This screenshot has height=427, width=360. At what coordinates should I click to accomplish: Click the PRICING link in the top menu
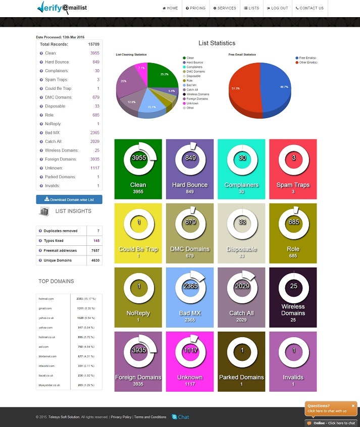(x=196, y=8)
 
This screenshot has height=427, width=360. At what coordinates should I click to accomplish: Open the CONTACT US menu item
(x=310, y=8)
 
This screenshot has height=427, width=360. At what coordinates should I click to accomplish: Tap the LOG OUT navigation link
(x=277, y=8)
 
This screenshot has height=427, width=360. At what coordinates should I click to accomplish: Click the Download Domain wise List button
(x=69, y=199)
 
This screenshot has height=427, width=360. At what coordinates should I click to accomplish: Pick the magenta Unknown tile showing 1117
(x=190, y=361)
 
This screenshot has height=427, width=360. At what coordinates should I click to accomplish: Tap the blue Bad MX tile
(x=190, y=297)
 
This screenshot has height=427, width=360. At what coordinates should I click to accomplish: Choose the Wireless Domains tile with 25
(x=293, y=297)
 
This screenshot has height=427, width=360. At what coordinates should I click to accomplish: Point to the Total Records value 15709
(x=93, y=44)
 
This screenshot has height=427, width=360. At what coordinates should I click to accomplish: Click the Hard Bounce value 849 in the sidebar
(x=96, y=62)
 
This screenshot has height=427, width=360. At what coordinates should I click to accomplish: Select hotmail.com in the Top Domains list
(x=46, y=299)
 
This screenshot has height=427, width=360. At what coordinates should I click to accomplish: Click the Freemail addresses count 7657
(x=95, y=250)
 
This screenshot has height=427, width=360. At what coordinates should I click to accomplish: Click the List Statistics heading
(x=217, y=43)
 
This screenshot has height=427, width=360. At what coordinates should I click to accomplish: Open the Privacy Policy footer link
(x=121, y=417)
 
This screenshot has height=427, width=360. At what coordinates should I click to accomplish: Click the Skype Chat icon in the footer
(x=175, y=417)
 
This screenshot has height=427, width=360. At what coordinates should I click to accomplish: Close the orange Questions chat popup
(x=353, y=405)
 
